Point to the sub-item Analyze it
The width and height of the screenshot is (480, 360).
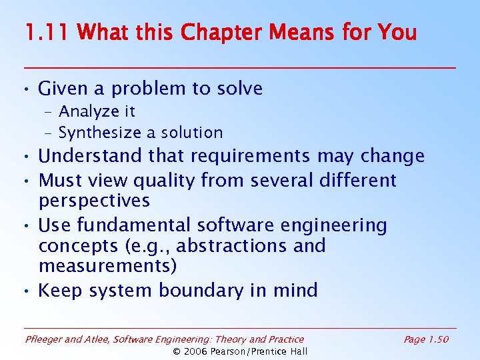tap(97, 111)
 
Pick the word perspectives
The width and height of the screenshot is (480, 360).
tap(94, 201)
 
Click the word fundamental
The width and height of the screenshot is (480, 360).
tap(135, 225)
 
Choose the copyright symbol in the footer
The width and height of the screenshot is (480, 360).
tap(177, 351)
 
